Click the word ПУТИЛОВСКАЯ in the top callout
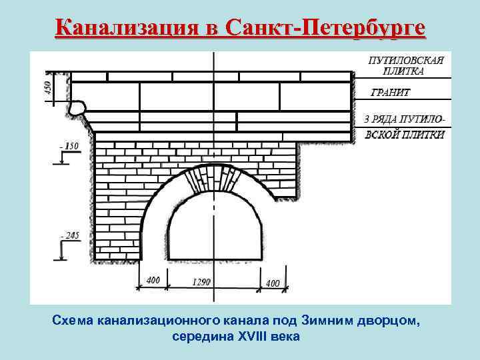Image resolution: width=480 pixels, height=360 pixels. (x=406, y=60)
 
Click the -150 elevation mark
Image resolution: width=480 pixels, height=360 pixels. (x=69, y=145)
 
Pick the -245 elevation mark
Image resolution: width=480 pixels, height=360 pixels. (x=69, y=235)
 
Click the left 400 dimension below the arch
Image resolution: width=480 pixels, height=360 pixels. (x=153, y=281)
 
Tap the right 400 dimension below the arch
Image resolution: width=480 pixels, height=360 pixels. (x=272, y=283)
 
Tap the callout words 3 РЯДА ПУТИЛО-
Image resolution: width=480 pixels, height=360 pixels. (x=405, y=119)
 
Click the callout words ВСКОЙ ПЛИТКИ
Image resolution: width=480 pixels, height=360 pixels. (x=405, y=134)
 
